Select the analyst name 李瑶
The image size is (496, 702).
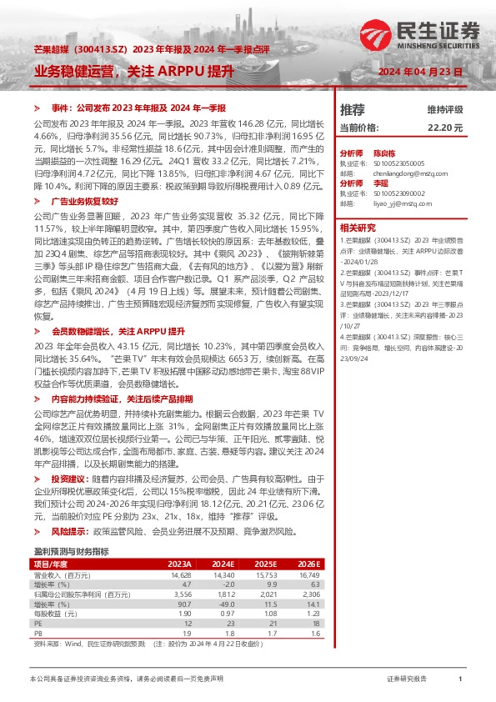click(381, 183)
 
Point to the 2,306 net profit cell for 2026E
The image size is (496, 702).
click(309, 594)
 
